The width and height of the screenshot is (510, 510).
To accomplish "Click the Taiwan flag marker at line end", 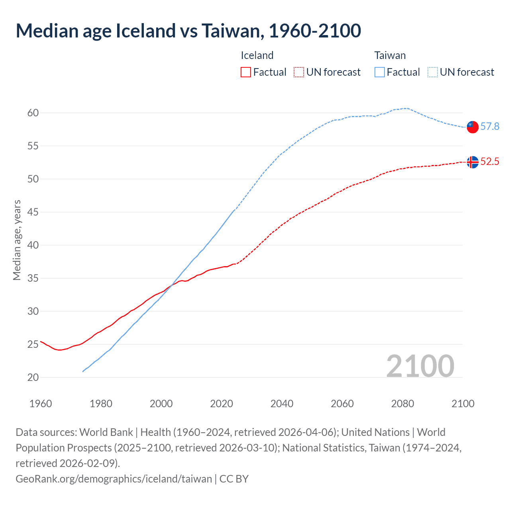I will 473,127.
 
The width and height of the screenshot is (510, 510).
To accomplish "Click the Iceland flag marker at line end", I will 473,162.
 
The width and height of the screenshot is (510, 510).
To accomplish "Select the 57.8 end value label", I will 490,127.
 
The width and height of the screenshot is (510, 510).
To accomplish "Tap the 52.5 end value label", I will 490,162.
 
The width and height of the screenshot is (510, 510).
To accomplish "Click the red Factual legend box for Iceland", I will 246,72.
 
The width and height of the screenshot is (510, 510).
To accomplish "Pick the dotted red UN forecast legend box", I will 299,72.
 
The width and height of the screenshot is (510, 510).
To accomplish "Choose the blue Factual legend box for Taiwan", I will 380,72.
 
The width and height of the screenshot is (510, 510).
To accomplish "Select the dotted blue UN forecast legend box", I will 433,72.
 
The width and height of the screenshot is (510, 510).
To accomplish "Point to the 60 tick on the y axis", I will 33,113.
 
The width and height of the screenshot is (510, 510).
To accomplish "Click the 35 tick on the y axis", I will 33,278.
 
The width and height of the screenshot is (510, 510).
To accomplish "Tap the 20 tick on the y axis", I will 33,377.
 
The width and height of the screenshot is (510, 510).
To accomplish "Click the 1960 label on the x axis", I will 41,404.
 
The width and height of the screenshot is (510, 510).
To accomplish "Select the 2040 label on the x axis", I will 282,404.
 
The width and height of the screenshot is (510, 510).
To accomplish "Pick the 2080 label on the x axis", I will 402,404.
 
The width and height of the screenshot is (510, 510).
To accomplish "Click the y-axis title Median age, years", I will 17,240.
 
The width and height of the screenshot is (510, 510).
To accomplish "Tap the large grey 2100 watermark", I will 420,366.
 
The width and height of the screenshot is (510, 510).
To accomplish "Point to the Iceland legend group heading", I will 257,55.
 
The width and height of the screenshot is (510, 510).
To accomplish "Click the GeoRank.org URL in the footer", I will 114,479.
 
